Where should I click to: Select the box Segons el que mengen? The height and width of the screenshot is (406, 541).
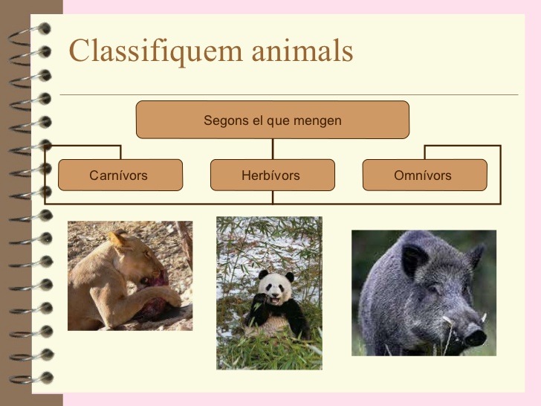272,120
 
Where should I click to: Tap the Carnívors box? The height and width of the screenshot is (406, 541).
119,175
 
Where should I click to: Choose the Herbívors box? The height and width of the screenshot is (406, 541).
271,175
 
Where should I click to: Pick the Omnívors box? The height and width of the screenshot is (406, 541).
424,175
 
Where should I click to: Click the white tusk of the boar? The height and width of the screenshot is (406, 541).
449,321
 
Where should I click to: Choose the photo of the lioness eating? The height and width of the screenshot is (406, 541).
129,275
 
